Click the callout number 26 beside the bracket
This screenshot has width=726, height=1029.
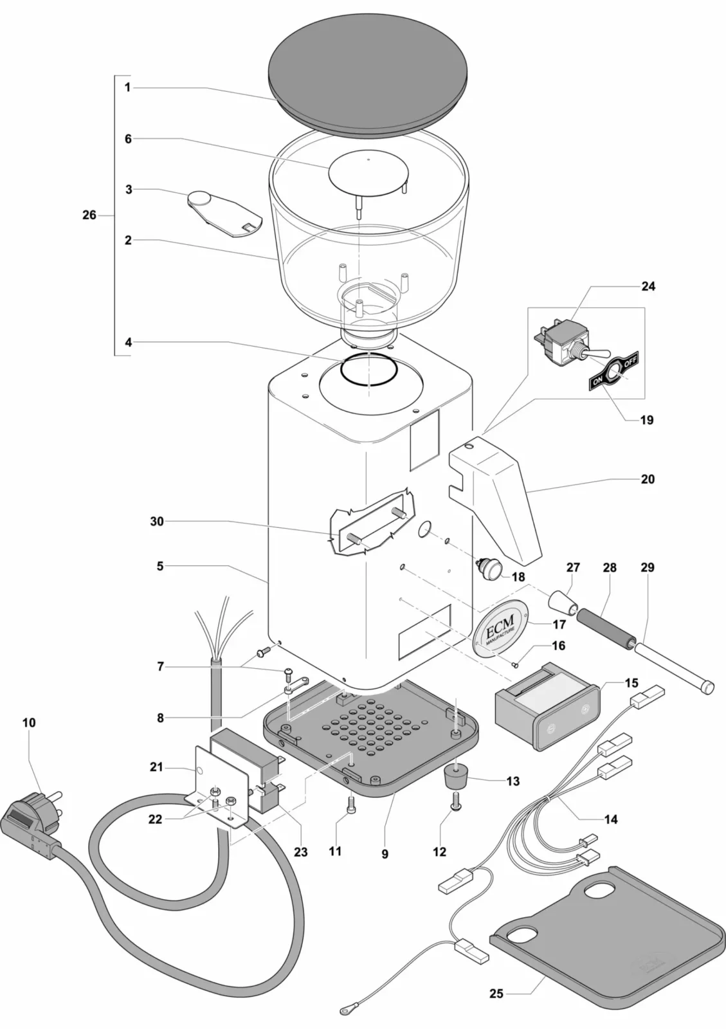tap(89, 215)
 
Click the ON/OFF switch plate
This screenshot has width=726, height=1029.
tap(617, 372)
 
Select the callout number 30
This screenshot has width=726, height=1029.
tap(157, 522)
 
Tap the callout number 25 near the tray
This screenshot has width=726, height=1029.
tap(496, 994)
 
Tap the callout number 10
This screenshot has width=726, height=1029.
tap(29, 722)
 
